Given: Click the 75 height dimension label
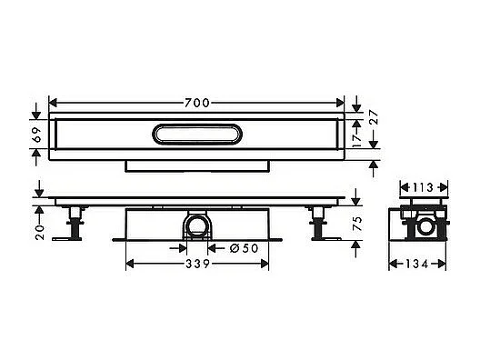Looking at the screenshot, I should [356, 225].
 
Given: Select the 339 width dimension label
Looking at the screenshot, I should [195, 265].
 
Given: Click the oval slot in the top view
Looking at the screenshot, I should [195, 135].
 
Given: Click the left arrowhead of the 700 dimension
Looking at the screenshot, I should [51, 101].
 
